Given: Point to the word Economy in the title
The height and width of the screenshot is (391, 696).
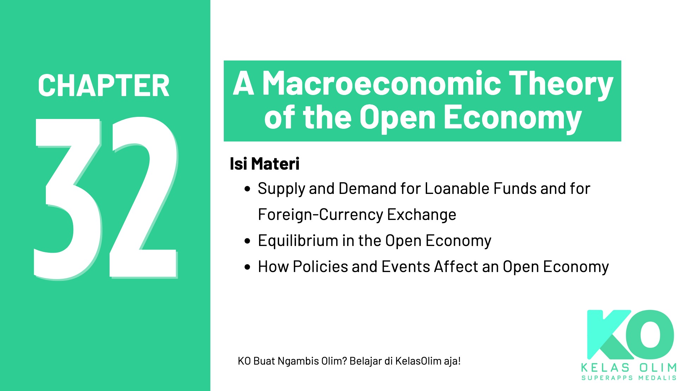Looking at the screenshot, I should point(512,118).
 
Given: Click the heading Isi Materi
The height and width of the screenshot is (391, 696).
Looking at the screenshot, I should point(264,164).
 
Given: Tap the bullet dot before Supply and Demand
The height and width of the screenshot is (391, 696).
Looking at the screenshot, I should point(247,189).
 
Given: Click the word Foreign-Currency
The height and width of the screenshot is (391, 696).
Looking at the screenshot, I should point(320,215).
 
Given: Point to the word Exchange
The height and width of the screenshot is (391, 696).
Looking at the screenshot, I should point(421,215).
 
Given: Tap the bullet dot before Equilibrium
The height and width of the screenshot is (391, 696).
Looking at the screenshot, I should point(247,241).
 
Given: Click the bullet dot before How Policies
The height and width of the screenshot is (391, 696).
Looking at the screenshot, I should point(247,267).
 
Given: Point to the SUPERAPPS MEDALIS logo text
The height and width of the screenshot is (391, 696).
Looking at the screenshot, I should point(629,378).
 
